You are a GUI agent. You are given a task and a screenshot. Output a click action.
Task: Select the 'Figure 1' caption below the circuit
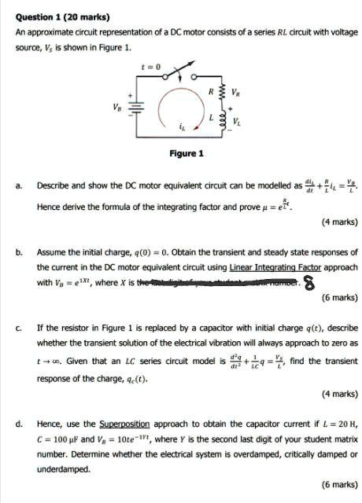tap(187, 152)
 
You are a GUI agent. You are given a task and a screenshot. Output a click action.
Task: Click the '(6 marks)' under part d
tap(339, 485)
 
